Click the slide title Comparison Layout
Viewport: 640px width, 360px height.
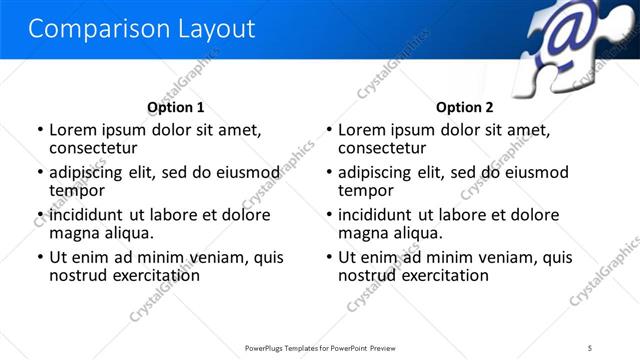coord(141,29)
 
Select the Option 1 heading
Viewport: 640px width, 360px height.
coord(176,107)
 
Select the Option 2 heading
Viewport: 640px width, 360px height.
coord(465,107)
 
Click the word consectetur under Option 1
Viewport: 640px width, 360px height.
coord(93,148)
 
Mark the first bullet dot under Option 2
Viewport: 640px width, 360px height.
coord(330,131)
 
